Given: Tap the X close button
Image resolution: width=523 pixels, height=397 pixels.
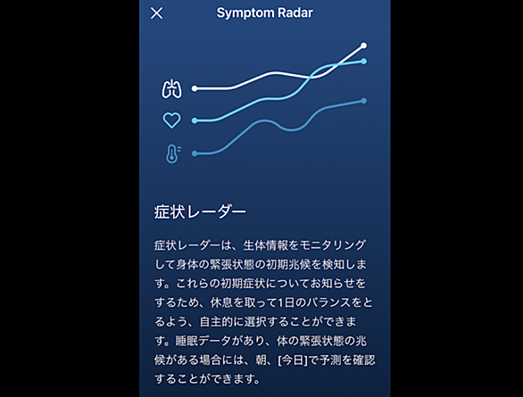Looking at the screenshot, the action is click(x=156, y=13).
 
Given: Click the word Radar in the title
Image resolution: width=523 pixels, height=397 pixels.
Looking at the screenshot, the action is click(x=295, y=12).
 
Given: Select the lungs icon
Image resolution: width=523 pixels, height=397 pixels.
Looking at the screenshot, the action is click(x=171, y=88).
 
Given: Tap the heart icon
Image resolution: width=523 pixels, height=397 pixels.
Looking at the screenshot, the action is click(x=171, y=120).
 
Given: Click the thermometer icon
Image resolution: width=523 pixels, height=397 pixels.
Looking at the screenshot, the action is click(x=173, y=153).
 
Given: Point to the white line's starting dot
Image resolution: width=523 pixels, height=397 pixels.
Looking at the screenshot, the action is click(x=195, y=88).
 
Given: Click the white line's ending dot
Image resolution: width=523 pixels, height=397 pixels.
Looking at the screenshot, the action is click(x=364, y=45).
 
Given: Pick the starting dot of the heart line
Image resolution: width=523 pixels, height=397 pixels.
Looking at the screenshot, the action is click(x=195, y=120).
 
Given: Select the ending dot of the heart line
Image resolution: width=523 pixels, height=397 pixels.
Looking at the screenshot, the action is click(x=364, y=62).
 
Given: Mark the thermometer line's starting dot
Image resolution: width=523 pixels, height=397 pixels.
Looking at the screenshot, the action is click(x=195, y=153).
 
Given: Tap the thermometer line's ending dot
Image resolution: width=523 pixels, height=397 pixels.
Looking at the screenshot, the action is click(x=364, y=101).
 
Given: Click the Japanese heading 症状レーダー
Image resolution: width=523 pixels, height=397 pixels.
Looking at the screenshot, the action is click(x=200, y=212).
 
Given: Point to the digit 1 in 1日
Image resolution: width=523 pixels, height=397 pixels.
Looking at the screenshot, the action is click(x=281, y=302).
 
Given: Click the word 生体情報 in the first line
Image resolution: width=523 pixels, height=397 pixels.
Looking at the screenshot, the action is click(x=265, y=245).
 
